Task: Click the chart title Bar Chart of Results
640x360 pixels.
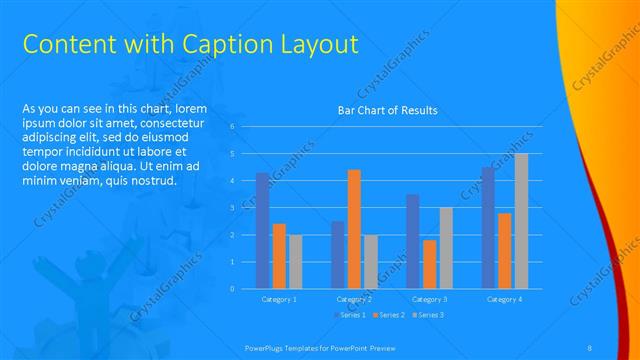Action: point(387,110)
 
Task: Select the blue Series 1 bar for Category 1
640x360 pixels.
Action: point(262,231)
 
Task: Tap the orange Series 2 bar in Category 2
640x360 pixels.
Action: point(354,229)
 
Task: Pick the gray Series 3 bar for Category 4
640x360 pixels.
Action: point(521,221)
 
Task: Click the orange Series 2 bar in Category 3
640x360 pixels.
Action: point(429,264)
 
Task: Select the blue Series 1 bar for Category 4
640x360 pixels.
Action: point(487,228)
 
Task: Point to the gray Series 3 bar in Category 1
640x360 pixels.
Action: point(295,262)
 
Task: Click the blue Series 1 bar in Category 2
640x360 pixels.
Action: point(338,255)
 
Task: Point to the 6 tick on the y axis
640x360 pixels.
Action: point(232,127)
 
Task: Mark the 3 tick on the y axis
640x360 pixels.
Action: point(232,208)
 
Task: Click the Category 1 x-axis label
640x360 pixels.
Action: point(279,299)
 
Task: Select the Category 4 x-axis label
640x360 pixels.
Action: point(504,299)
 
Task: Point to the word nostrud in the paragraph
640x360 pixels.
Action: point(152,181)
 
